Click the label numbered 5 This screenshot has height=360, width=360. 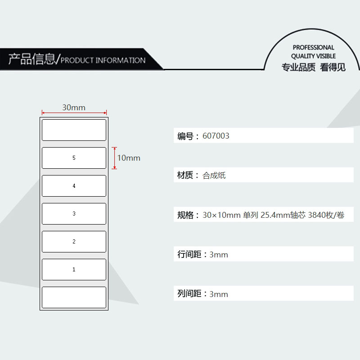coord(74,158)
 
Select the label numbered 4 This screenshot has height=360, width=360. coord(74,186)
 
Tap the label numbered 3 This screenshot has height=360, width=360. coord(74,214)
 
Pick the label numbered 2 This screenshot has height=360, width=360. coord(74,242)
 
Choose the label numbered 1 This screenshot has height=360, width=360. coord(74,270)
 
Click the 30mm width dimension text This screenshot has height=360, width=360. coord(74,108)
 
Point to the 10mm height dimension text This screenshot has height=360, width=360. coord(129,158)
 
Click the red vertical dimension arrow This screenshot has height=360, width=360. coord(114,158)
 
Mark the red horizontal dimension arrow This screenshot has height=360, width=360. coord(74,113)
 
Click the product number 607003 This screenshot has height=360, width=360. coord(216,136)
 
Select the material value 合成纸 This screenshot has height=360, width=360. coord(214,175)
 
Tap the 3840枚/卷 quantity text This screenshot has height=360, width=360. coord(326,215)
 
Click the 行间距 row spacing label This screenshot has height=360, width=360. coord(189,254)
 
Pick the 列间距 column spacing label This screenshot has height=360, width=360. coord(189,294)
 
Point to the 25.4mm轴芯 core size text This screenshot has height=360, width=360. coord(283,215)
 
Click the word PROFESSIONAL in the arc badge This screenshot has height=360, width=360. coord(313,48)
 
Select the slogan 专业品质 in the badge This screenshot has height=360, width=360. coord(298,67)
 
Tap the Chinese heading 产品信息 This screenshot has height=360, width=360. coord(31,59)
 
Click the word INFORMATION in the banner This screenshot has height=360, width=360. coord(121,60)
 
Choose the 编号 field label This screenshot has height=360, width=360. coord(185,136)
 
